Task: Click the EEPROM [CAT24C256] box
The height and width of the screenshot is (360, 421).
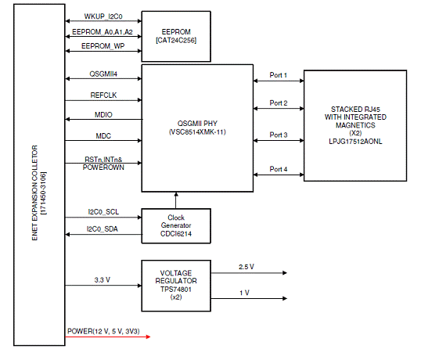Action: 176,36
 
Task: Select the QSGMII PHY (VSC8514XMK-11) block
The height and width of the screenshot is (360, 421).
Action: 197,128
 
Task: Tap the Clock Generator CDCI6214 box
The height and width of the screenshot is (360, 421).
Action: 176,225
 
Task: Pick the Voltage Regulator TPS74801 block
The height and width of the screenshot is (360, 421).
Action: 176,286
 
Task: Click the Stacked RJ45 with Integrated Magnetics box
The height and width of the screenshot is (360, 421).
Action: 355,126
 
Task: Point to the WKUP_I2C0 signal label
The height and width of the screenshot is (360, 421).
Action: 103,16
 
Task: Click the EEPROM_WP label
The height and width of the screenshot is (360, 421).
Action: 103,46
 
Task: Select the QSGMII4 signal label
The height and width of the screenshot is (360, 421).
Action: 103,74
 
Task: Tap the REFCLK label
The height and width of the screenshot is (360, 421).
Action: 103,95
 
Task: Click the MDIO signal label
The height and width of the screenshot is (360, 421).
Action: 103,114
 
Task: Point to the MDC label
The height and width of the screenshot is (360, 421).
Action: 103,136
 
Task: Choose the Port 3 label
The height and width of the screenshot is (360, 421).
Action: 279,135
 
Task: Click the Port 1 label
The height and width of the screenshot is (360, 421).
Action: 278,75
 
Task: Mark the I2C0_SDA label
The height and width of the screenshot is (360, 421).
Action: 103,229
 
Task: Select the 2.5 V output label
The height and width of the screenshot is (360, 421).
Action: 246,267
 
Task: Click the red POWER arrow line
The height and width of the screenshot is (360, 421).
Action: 108,337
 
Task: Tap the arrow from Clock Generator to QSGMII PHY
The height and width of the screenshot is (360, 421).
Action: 176,200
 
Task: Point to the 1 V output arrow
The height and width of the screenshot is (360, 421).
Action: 249,298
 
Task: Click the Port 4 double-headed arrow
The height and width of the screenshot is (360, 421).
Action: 279,175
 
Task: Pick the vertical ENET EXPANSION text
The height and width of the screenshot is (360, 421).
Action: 35,193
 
